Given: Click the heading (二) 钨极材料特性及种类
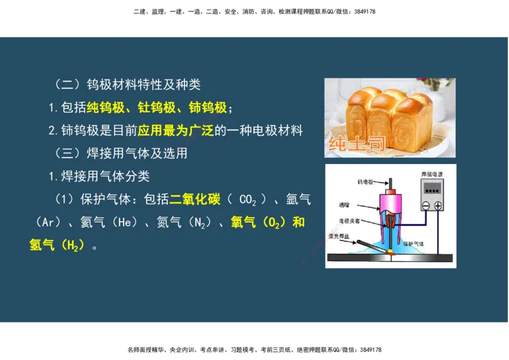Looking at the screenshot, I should pos(127,84).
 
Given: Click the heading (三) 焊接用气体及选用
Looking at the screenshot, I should pos(121,153).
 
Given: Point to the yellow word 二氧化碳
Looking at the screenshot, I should pos(195,200).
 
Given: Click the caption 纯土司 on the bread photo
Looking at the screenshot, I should pos(356,144).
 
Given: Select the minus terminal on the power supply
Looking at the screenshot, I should pos(426,205).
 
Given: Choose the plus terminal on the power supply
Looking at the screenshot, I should pos(438,205).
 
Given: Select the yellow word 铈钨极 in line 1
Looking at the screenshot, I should pos(208,107).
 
